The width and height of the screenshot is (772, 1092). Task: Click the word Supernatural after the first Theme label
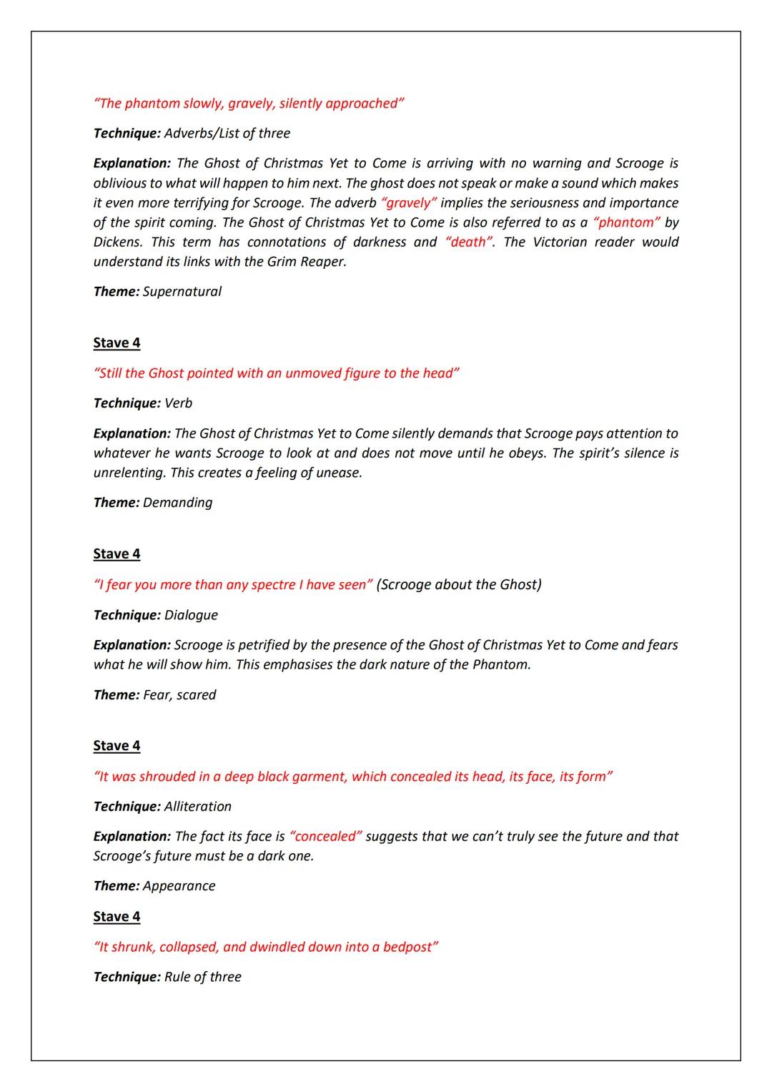[182, 292]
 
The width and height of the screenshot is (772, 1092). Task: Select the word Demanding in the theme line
[177, 503]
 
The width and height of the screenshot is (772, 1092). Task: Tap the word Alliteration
[197, 807]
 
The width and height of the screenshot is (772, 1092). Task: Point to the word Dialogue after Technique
[191, 615]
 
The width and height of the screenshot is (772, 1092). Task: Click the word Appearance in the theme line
[179, 886]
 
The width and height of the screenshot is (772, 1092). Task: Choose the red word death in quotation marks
[469, 242]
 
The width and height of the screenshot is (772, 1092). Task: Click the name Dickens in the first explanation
[117, 242]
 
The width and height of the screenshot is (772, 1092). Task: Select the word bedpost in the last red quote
[407, 948]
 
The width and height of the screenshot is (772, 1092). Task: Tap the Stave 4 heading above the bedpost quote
[117, 917]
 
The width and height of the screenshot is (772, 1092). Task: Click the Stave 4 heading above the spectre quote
[117, 554]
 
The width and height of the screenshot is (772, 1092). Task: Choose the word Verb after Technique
[178, 403]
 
